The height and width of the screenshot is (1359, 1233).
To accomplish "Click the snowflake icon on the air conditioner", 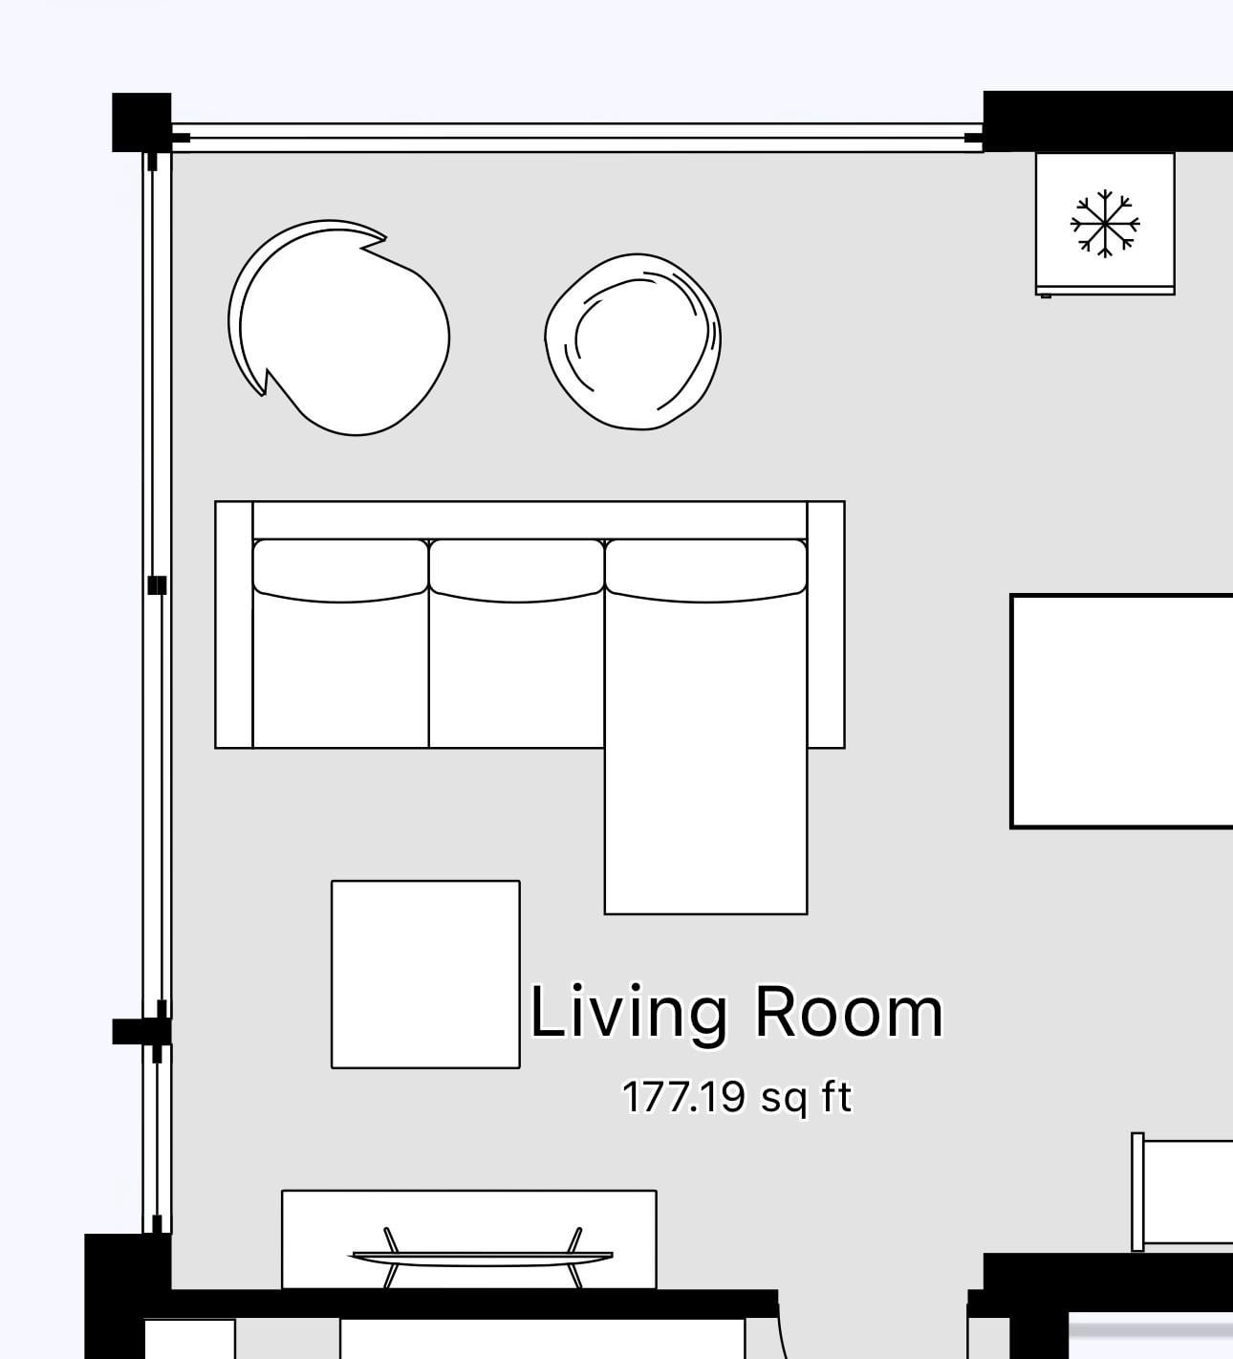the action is [x=1105, y=224].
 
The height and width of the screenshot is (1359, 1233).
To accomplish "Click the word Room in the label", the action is [x=849, y=1012].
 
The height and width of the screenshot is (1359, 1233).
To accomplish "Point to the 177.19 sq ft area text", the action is [x=737, y=1097].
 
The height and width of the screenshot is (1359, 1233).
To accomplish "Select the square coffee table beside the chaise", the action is [x=426, y=975].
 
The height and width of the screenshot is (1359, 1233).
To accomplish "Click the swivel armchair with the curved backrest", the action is [x=338, y=327].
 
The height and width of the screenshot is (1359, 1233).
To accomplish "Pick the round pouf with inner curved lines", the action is [x=633, y=341].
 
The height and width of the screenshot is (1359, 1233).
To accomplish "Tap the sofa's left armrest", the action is [x=234, y=625].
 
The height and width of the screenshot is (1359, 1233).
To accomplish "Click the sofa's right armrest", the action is [x=826, y=625].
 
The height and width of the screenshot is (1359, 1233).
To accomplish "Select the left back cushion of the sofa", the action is [x=340, y=570].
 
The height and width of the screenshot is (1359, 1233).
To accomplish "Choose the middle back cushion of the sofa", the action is [x=517, y=570].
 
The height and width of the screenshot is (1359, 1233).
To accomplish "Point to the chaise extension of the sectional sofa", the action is [x=705, y=752].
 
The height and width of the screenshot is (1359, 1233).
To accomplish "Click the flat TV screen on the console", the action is [x=482, y=1258].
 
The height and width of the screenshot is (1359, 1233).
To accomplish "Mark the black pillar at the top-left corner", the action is [x=141, y=122].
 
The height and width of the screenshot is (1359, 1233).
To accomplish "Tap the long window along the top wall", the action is [x=577, y=139].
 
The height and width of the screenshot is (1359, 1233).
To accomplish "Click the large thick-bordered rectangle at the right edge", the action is [x=1121, y=712].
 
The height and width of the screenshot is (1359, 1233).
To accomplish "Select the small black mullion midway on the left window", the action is [x=157, y=585].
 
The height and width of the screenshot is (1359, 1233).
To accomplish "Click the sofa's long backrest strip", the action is [x=530, y=520].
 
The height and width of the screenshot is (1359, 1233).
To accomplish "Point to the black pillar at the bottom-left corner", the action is [x=127, y=1294].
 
